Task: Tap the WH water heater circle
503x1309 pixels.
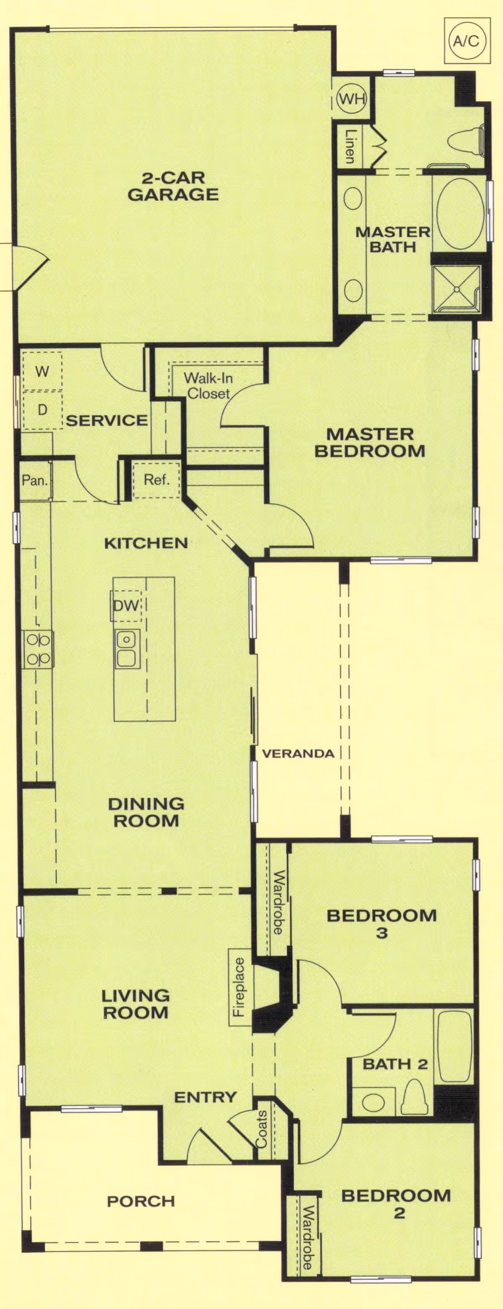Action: click(352, 99)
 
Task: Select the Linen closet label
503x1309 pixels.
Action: click(350, 146)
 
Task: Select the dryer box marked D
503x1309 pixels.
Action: click(42, 410)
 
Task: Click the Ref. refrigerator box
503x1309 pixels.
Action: click(156, 480)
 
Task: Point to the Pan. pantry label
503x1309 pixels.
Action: click(34, 480)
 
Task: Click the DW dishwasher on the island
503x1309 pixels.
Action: click(126, 605)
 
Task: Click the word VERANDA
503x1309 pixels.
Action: click(298, 754)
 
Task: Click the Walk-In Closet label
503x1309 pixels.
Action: click(208, 385)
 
